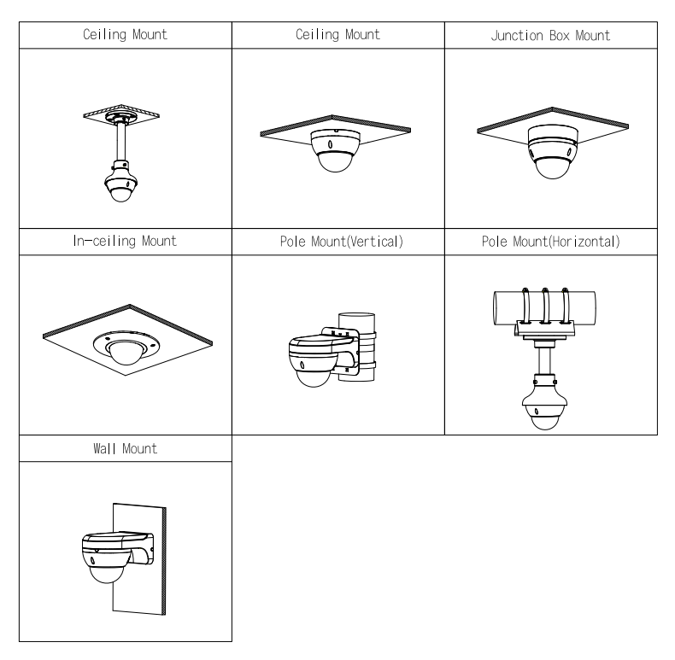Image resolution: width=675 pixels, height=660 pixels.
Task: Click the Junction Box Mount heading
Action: pyautogui.click(x=550, y=35)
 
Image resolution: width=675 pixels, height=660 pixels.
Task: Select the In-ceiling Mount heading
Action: pyautogui.click(x=125, y=241)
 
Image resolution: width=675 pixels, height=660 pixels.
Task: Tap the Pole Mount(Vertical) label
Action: pyautogui.click(x=342, y=242)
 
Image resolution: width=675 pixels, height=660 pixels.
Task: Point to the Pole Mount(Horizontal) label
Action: pyautogui.click(x=550, y=242)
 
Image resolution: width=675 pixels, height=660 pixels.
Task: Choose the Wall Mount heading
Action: pyautogui.click(x=126, y=448)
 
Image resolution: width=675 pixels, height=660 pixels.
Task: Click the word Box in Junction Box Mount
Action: pyautogui.click(x=560, y=35)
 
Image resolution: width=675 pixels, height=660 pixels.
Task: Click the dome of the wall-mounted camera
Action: pyautogui.click(x=106, y=574)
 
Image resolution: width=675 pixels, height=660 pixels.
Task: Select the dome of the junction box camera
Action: pyautogui.click(x=552, y=168)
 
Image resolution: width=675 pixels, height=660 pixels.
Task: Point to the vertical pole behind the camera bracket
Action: pyautogui.click(x=356, y=347)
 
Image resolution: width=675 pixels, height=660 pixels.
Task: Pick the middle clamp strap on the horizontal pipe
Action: pyautogui.click(x=545, y=305)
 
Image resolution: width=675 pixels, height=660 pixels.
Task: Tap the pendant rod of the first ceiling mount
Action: pyautogui.click(x=121, y=143)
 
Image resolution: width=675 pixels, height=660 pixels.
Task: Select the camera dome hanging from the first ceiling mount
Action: pyautogui.click(x=120, y=194)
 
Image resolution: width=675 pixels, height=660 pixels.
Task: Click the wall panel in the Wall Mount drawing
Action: pyautogui.click(x=139, y=559)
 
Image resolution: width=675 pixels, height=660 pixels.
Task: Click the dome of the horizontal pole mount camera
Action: pyautogui.click(x=544, y=421)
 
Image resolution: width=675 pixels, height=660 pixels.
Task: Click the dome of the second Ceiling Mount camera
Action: pyautogui.click(x=335, y=161)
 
